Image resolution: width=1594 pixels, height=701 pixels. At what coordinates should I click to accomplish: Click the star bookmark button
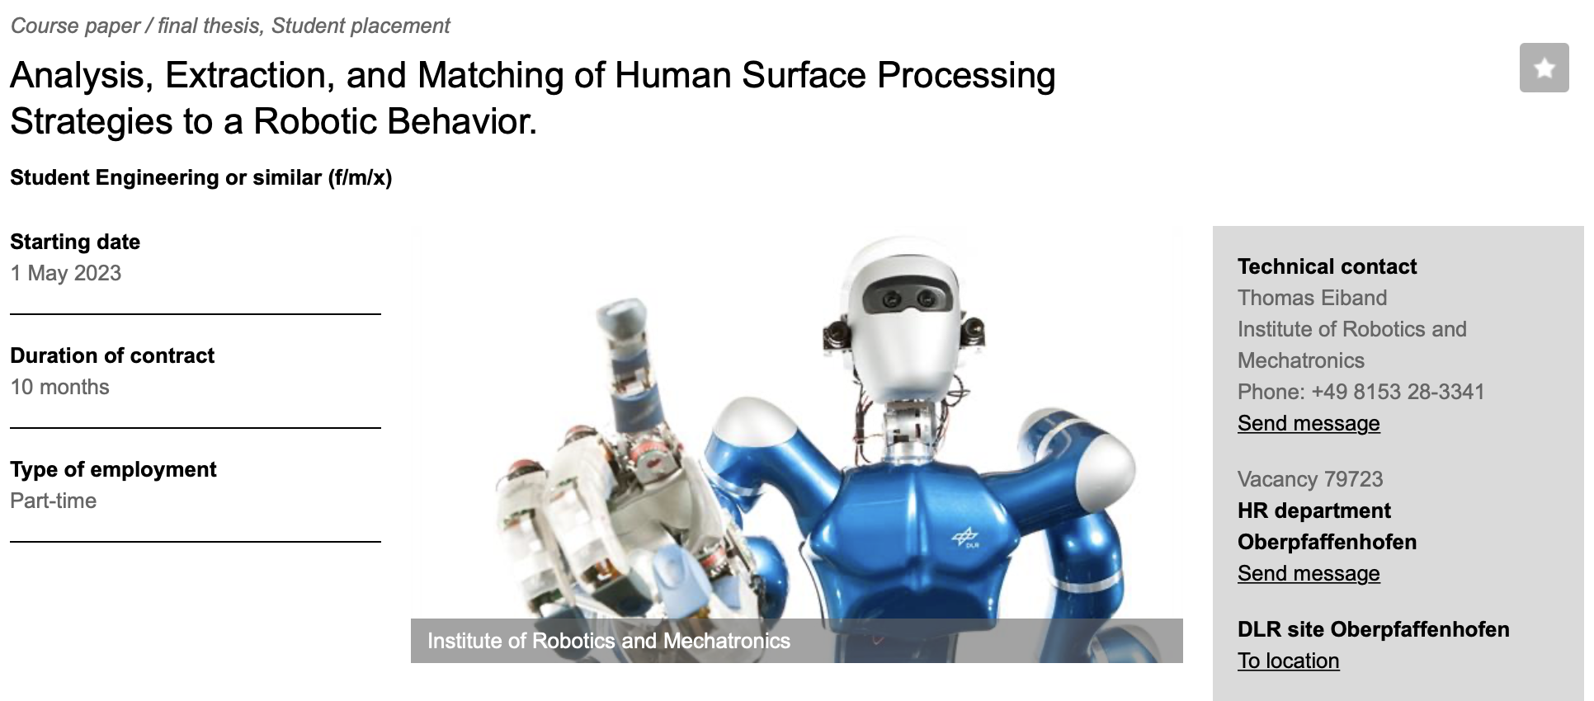click(1544, 68)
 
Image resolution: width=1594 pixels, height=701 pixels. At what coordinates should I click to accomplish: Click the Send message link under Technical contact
click(1309, 423)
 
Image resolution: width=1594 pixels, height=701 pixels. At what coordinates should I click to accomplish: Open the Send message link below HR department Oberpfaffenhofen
click(1309, 573)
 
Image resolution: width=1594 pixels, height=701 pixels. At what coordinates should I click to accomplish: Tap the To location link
click(1288, 661)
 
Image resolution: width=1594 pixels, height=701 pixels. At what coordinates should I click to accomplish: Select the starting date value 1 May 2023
click(66, 273)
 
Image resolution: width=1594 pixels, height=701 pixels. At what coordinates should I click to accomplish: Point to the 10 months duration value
click(59, 387)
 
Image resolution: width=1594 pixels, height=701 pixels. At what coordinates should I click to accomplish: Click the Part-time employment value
click(54, 501)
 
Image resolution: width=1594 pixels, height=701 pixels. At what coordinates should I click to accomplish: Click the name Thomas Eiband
click(1312, 298)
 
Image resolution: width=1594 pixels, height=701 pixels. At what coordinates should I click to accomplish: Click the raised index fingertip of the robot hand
click(622, 317)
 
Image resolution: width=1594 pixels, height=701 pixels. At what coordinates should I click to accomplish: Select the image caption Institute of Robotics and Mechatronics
click(609, 641)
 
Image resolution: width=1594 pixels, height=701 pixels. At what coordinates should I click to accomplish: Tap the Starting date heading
click(75, 242)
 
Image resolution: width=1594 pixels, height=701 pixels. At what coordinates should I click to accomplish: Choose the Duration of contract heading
click(112, 355)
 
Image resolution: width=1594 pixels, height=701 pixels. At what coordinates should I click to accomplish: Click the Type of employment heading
click(113, 469)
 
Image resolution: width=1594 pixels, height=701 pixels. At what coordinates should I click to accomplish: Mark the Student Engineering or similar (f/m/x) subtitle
click(201, 177)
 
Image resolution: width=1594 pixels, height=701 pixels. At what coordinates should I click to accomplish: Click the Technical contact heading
click(1327, 266)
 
